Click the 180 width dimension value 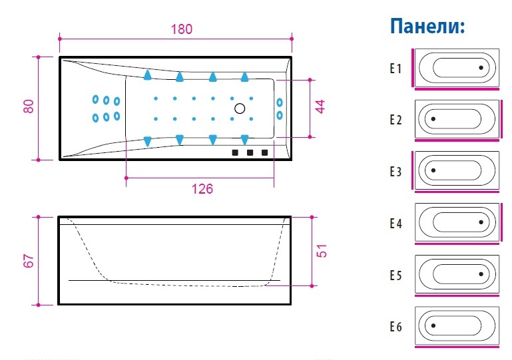[180, 29]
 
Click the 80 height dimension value [28, 106]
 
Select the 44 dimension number [321, 107]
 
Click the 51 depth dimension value [321, 251]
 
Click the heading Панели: [427, 27]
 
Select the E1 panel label [396, 69]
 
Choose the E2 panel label [396, 120]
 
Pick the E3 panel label [396, 172]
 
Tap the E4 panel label [396, 224]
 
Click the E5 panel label [396, 275]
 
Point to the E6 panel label [396, 327]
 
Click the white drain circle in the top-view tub [240, 108]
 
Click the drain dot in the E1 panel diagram [481, 68]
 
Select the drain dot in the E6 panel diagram [433, 326]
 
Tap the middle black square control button [250, 152]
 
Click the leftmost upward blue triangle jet [146, 75]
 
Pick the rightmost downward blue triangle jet [245, 140]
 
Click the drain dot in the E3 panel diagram [433, 170]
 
